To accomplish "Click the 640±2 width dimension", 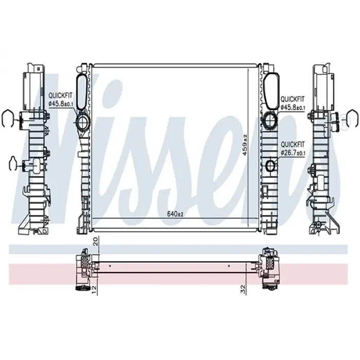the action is pyautogui.click(x=175, y=214).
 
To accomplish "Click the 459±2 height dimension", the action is pyautogui.click(x=245, y=145).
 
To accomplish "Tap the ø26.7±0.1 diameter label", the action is pyautogui.click(x=293, y=152).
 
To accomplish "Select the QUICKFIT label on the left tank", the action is pyautogui.click(x=60, y=95).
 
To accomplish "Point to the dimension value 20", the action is pyautogui.click(x=96, y=241).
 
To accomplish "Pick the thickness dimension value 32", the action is pyautogui.click(x=243, y=289).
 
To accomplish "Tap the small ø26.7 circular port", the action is pyautogui.click(x=271, y=165).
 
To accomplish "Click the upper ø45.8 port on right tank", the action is pyautogui.click(x=270, y=119).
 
